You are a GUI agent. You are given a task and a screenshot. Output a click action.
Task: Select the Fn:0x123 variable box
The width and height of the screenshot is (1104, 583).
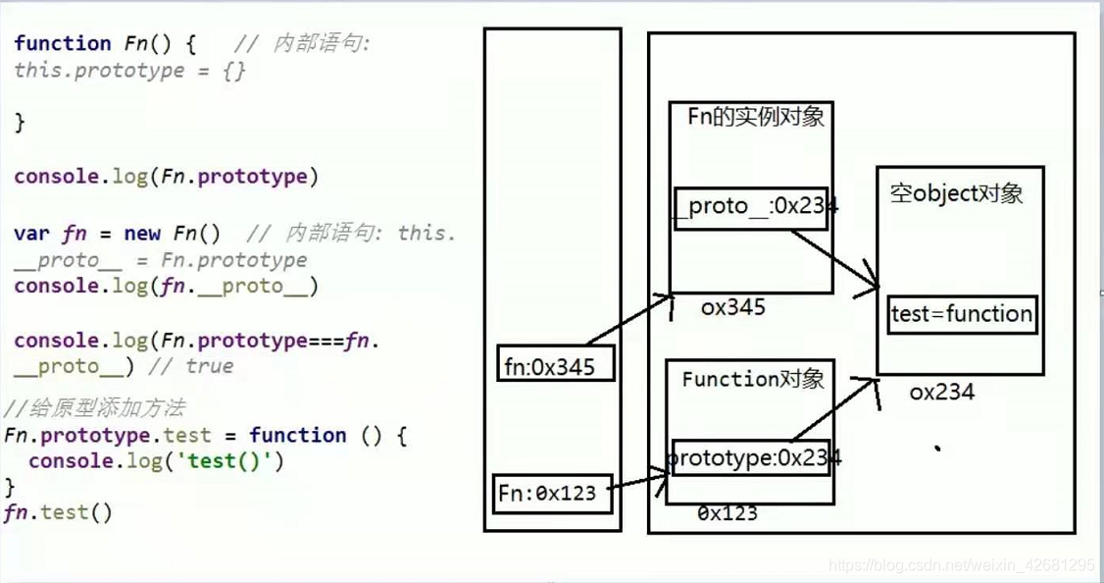click(x=553, y=494)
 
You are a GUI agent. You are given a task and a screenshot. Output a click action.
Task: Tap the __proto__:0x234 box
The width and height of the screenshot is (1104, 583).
click(x=752, y=207)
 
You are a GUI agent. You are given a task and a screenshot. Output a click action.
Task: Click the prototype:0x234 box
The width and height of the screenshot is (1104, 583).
click(x=752, y=458)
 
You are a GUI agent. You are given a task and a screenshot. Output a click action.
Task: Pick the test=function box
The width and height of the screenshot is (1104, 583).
click(x=962, y=314)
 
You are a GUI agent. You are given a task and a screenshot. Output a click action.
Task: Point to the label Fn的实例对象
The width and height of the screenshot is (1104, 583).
click(x=755, y=118)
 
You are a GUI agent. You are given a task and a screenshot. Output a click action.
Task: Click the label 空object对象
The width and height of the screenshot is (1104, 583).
click(x=956, y=193)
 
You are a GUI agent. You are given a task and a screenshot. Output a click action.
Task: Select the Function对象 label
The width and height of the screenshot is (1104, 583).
click(x=753, y=380)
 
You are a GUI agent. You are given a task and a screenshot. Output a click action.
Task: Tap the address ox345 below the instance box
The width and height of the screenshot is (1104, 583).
click(x=732, y=307)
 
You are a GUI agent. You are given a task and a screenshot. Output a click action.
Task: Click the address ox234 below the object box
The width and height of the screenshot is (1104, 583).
click(x=941, y=393)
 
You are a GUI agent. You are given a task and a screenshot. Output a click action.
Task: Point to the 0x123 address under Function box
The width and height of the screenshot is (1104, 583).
click(x=727, y=512)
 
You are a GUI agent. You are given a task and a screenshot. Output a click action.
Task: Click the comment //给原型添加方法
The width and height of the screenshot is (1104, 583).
click(x=93, y=408)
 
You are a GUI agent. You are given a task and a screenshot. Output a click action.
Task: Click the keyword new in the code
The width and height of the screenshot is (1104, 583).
click(x=142, y=234)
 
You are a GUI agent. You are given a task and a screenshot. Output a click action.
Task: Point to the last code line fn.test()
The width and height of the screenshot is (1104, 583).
click(x=59, y=511)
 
